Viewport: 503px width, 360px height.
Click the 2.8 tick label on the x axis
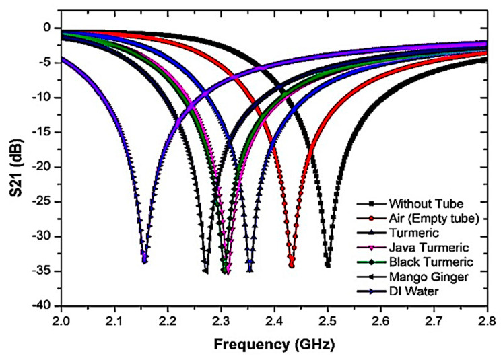click(x=487, y=319)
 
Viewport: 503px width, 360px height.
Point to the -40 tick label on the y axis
click(x=42, y=305)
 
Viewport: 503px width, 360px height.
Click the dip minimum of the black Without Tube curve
click(x=328, y=266)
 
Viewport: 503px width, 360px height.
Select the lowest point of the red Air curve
click(x=292, y=266)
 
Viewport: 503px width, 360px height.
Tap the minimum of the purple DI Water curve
click(x=145, y=261)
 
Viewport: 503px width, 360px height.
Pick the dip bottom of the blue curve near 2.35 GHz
click(x=250, y=270)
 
